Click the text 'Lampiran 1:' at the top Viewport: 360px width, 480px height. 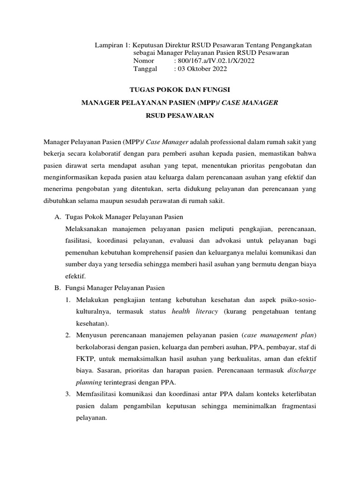tap(112, 45)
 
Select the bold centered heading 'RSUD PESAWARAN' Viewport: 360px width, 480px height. tap(180, 116)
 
